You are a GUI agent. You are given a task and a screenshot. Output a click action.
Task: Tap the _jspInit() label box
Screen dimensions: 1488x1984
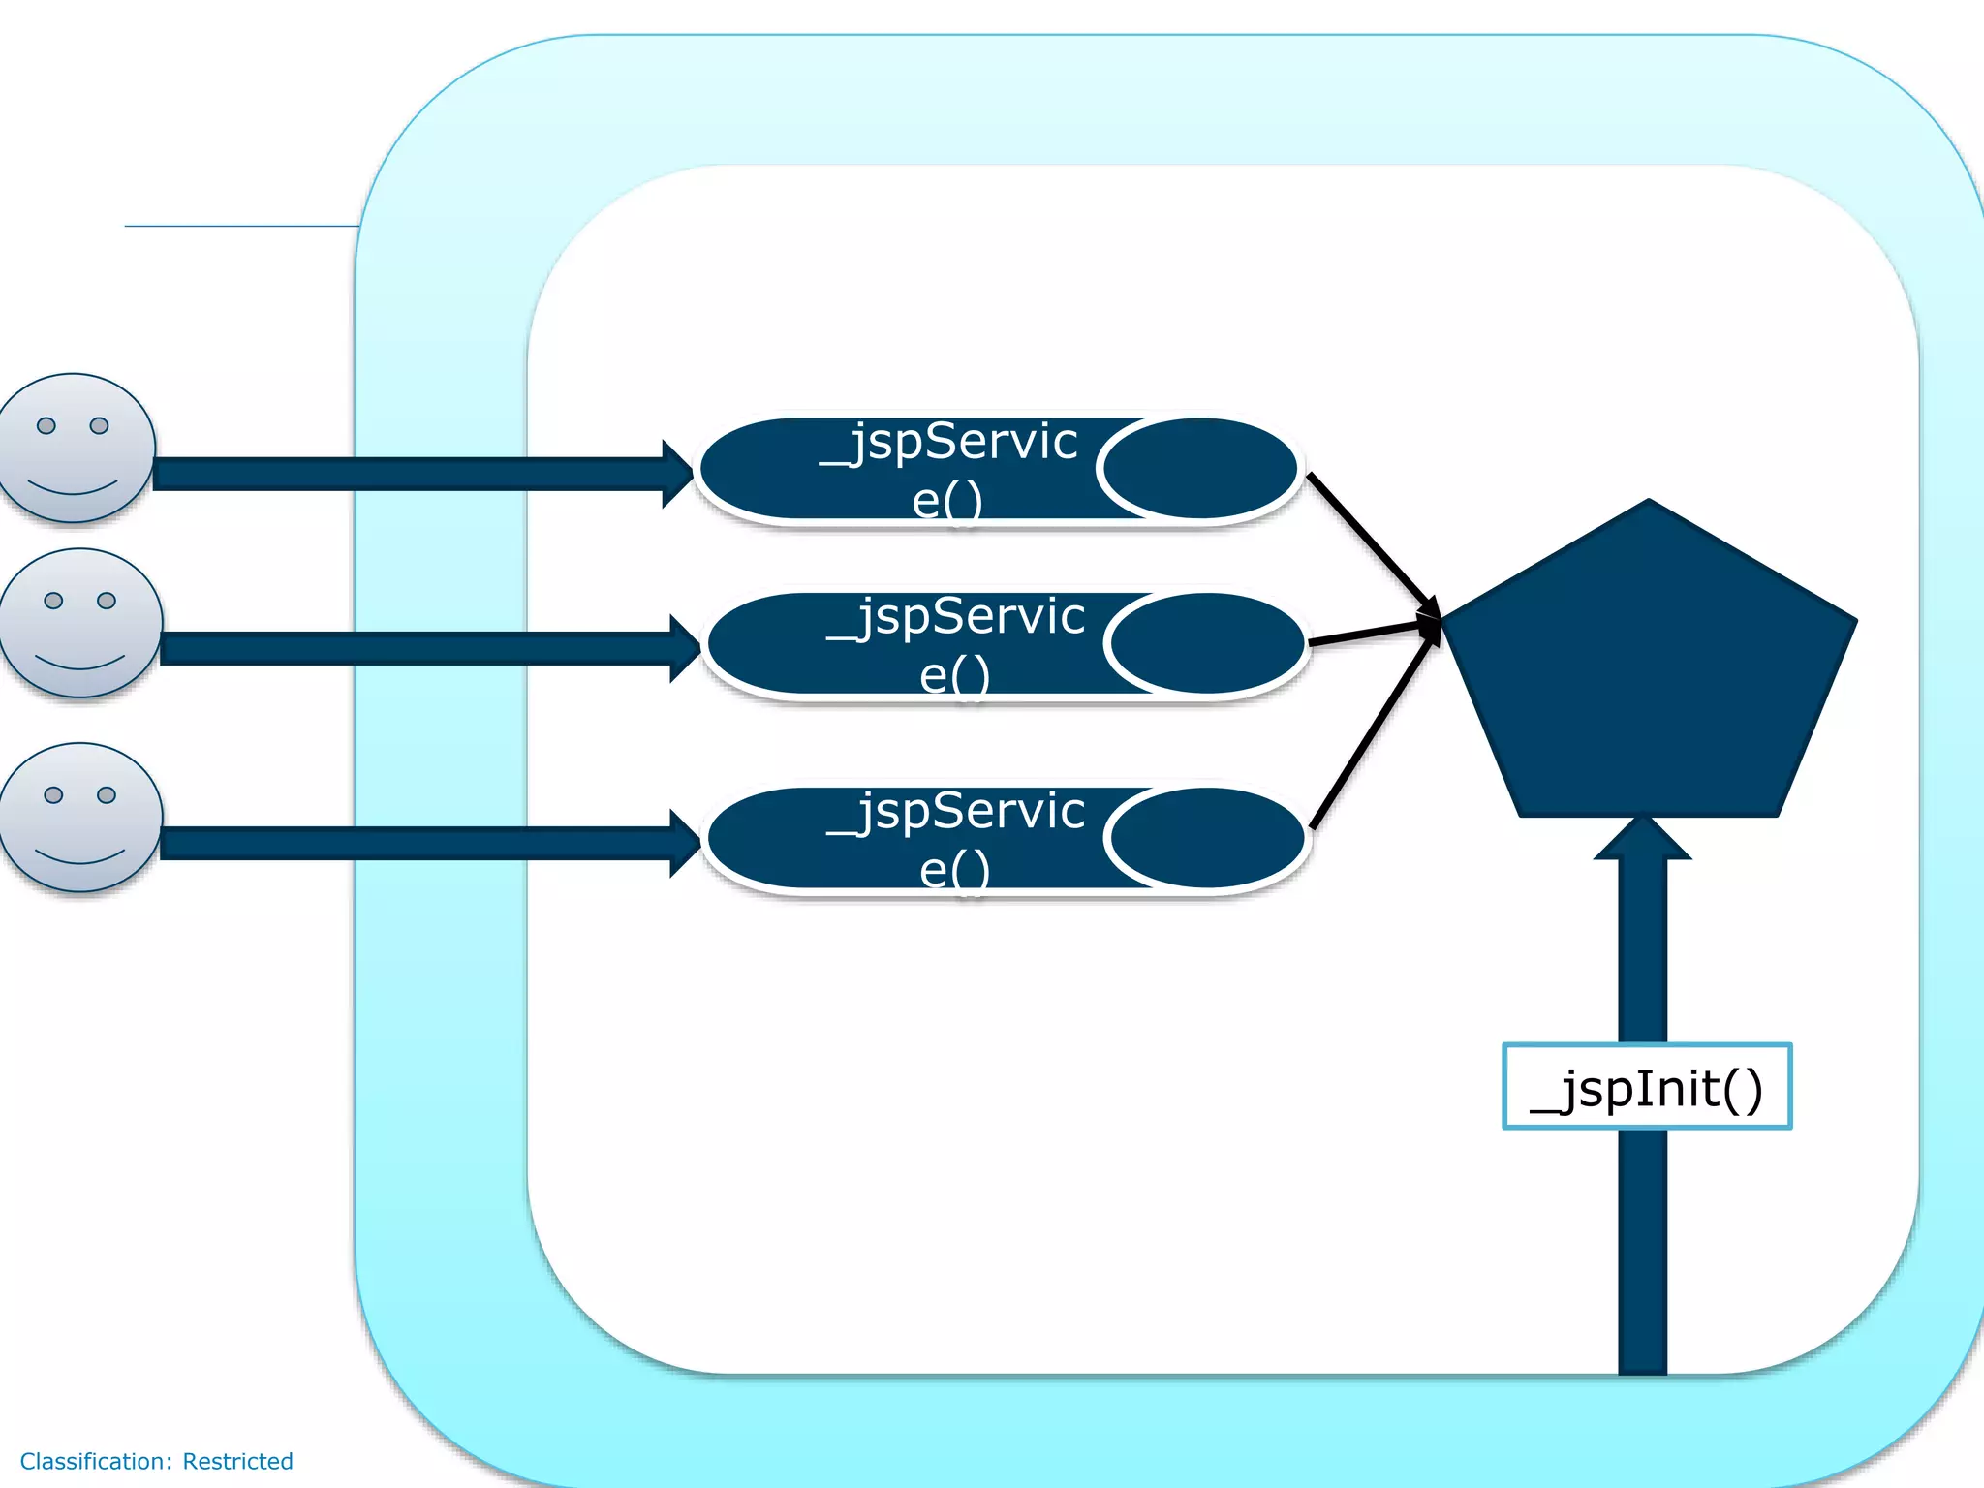tap(1646, 1087)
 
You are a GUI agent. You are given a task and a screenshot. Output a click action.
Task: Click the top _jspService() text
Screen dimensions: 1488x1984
tap(948, 470)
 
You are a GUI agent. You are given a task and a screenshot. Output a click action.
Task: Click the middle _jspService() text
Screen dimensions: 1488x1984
tap(955, 645)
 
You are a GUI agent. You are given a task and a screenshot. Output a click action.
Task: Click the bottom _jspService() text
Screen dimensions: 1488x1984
tap(955, 839)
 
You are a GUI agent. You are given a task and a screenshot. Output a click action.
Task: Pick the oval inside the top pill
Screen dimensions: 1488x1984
tap(1199, 469)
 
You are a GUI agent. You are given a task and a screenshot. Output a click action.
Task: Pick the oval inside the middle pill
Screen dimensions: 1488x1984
tap(1207, 644)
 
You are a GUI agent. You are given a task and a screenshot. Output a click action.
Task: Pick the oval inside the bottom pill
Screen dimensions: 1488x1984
tap(1207, 838)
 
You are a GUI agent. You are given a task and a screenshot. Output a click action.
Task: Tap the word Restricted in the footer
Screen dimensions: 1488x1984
tap(237, 1461)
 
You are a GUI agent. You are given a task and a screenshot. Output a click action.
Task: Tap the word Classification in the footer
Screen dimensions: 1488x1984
tap(94, 1461)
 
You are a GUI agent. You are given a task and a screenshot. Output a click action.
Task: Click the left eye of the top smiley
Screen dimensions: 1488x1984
tap(46, 425)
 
